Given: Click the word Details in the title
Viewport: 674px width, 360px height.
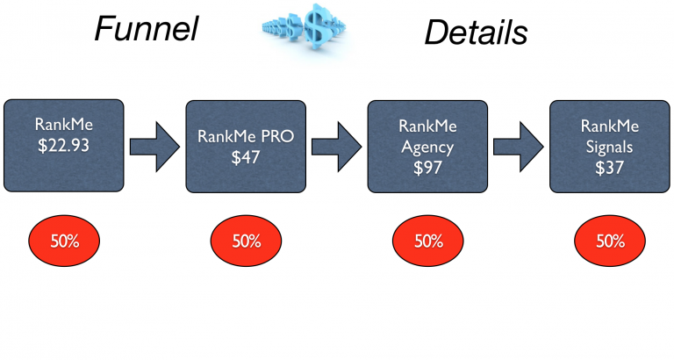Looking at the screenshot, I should pos(476,32).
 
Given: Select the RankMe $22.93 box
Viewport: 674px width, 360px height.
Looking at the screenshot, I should pos(63,145).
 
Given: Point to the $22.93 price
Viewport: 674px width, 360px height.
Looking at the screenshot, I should pos(63,145).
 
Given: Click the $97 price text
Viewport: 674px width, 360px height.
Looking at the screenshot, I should pos(428,167).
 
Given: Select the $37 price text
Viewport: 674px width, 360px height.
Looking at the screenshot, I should pos(609,167).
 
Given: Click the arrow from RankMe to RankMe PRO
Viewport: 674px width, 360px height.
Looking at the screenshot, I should pos(155,147).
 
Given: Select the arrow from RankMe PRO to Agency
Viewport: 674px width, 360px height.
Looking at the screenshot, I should pos(337,147).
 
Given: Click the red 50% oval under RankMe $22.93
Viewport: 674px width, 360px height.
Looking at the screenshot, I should pos(64,241).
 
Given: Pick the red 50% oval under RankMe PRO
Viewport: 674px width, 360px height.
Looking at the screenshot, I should pos(247,241).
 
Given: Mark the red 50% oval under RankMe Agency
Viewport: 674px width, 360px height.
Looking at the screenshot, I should pos(428,241).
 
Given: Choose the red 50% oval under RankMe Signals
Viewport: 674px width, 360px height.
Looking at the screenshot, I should pos(610,241).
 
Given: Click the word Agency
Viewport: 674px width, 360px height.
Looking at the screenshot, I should pos(427,147).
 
